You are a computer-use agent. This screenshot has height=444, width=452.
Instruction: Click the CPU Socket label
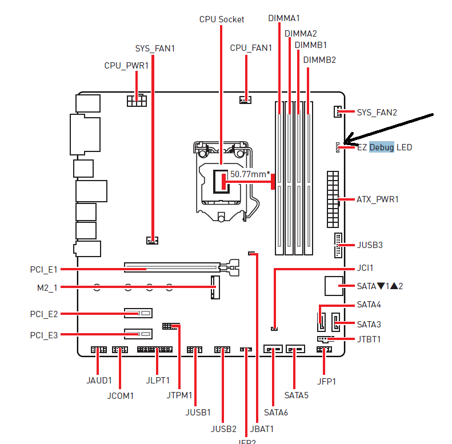click(x=222, y=19)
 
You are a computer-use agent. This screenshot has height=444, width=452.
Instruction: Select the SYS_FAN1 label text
click(x=155, y=49)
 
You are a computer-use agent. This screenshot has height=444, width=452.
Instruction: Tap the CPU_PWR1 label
click(x=126, y=66)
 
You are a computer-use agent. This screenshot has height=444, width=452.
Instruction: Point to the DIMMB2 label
click(x=319, y=59)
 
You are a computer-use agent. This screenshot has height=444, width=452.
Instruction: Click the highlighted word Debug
click(x=381, y=147)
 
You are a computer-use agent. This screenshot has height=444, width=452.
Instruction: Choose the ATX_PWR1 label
click(x=378, y=199)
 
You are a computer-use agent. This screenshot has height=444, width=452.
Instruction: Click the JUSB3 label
click(x=370, y=245)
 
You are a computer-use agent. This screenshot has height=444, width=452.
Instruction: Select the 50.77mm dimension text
click(x=250, y=174)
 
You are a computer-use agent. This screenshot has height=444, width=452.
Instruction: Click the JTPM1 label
click(x=179, y=395)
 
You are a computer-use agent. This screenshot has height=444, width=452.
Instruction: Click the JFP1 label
click(x=326, y=381)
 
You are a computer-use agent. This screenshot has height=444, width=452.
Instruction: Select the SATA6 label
click(x=276, y=411)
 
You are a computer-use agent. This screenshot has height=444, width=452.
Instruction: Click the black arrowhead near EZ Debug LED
click(x=348, y=139)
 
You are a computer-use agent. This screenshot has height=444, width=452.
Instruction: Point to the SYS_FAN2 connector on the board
click(x=337, y=111)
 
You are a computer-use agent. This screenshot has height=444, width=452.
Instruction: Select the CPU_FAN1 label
click(x=251, y=48)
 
